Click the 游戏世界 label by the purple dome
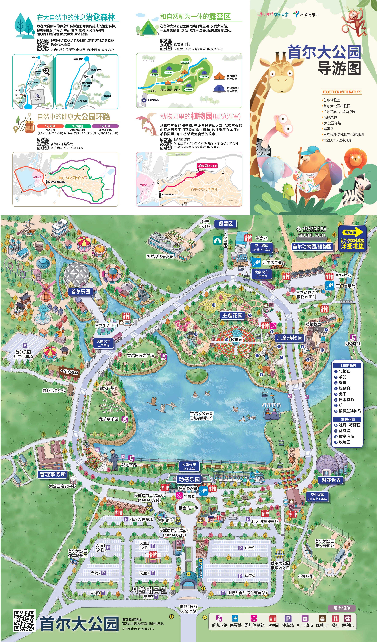point(331,480)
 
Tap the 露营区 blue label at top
point(225,224)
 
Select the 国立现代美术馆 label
point(160,256)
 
